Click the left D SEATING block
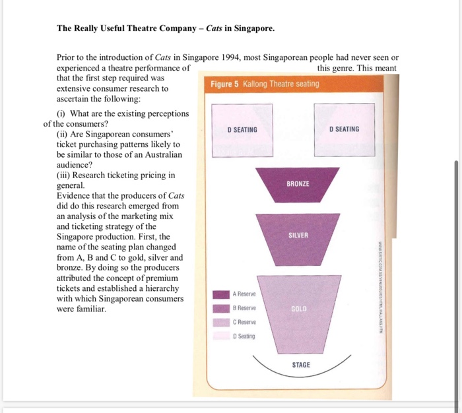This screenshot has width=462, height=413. (x=242, y=129)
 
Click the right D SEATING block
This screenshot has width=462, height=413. (x=344, y=129)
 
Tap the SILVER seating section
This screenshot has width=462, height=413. (x=298, y=236)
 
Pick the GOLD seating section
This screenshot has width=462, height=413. (x=298, y=308)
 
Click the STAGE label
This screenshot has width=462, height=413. (x=300, y=365)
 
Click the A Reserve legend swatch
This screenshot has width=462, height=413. (x=222, y=294)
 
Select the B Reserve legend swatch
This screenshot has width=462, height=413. (x=222, y=308)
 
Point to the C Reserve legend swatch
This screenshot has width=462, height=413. (x=222, y=322)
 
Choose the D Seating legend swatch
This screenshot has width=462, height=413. (x=222, y=336)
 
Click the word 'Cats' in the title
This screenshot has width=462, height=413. (x=216, y=29)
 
